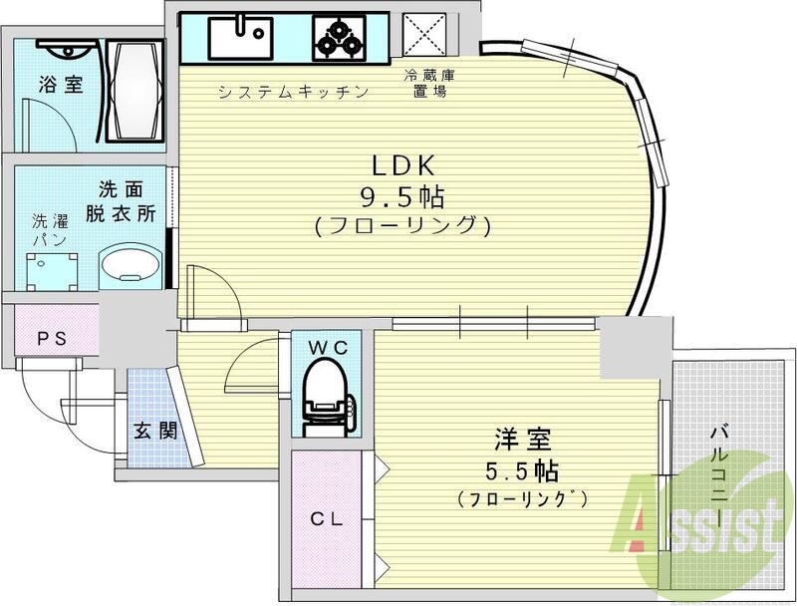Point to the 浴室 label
click(x=61, y=86)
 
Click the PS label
click(x=52, y=339)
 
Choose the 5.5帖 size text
click(x=523, y=469)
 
